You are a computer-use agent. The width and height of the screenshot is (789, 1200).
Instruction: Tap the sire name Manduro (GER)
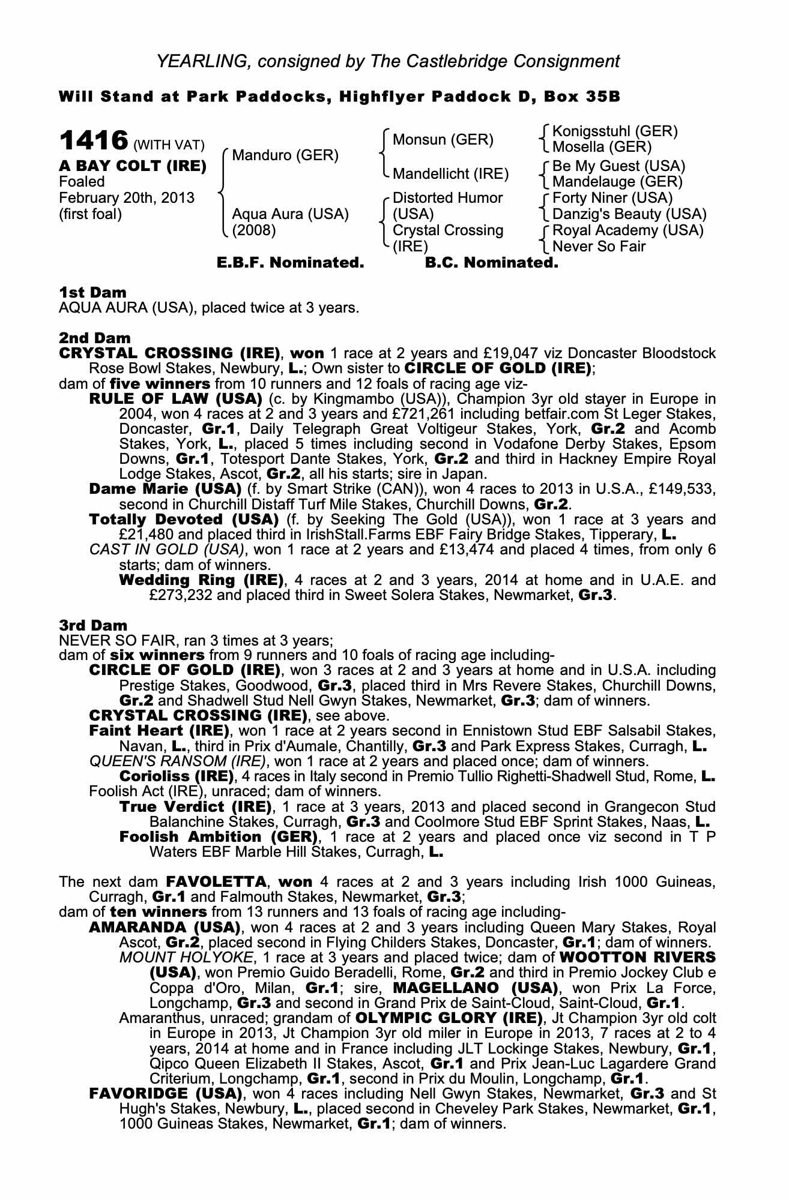pyautogui.click(x=285, y=155)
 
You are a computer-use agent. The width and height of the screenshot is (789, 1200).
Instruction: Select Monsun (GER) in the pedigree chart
pyautogui.click(x=443, y=140)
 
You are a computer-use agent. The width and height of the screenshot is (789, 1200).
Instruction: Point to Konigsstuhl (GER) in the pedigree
pyautogui.click(x=615, y=131)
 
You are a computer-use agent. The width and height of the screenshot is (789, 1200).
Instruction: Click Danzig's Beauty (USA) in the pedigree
pyautogui.click(x=629, y=214)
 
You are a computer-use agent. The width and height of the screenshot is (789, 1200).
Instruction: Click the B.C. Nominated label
pyautogui.click(x=491, y=263)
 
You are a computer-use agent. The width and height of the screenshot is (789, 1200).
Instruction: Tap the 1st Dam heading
pyautogui.click(x=93, y=292)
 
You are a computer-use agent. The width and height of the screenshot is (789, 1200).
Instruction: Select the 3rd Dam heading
pyautogui.click(x=93, y=626)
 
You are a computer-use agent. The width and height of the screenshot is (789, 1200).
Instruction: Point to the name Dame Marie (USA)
pyautogui.click(x=165, y=489)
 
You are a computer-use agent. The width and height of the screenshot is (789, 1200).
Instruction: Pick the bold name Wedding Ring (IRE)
pyautogui.click(x=201, y=580)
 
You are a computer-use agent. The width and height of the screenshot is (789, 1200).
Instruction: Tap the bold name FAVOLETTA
pyautogui.click(x=216, y=882)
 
